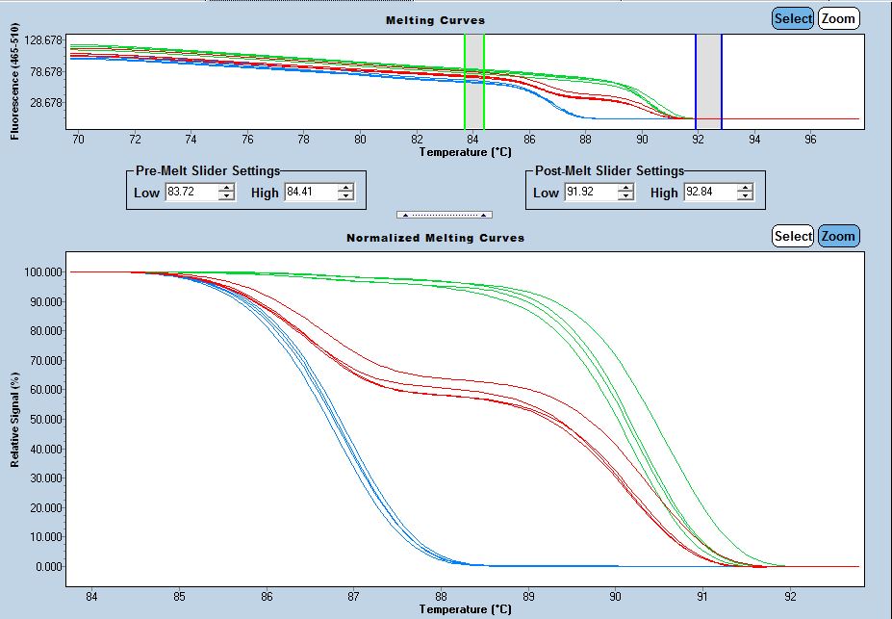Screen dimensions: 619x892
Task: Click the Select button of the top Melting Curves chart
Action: coord(793,18)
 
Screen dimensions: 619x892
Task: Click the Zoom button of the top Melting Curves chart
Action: coord(838,18)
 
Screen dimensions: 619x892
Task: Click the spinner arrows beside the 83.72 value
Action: coord(226,193)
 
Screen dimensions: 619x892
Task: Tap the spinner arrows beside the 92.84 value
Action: coord(745,193)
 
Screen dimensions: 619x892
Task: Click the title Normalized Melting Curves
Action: coord(435,237)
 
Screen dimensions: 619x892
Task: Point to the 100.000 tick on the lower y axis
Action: coord(40,272)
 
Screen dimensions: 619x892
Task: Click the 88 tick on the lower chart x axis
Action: coord(441,597)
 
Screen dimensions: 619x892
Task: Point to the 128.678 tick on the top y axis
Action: coord(43,40)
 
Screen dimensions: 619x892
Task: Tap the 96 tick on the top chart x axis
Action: coord(810,140)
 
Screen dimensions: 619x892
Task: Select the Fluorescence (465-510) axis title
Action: coord(15,82)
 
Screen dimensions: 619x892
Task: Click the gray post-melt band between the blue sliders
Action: coord(708,82)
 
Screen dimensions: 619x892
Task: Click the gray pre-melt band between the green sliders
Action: coord(474,82)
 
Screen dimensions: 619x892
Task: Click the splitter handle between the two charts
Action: coord(445,215)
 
